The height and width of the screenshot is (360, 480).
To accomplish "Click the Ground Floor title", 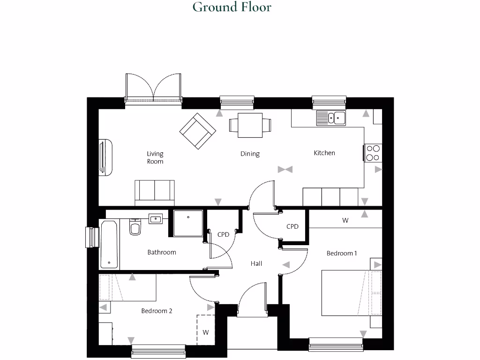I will (232, 7).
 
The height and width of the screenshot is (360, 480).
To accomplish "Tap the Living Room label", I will (155, 157).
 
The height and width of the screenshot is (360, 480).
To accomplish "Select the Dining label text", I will (250, 154).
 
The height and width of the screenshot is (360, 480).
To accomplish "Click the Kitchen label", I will (324, 153).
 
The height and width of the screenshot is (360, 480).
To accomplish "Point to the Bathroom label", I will (162, 252).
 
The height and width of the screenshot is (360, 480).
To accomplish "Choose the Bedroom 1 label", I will (342, 253).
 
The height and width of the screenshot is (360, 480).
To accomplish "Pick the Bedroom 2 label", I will (157, 311).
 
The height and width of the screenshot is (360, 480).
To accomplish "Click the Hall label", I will (256, 264).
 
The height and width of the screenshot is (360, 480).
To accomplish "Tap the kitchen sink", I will (331, 118).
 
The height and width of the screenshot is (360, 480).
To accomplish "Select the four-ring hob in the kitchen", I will (373, 153).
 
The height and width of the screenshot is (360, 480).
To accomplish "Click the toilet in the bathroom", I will (135, 227).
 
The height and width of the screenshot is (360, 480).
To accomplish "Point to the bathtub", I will (109, 245).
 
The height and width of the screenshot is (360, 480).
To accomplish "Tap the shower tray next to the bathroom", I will (188, 224).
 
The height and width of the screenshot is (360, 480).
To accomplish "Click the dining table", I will (250, 125).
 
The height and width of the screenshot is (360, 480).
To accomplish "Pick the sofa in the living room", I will (154, 193).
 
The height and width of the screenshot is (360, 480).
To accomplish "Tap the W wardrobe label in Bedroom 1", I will (345, 220).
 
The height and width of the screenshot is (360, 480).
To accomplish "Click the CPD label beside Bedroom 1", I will (292, 226).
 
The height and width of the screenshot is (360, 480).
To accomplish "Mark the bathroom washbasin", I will (155, 218).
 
